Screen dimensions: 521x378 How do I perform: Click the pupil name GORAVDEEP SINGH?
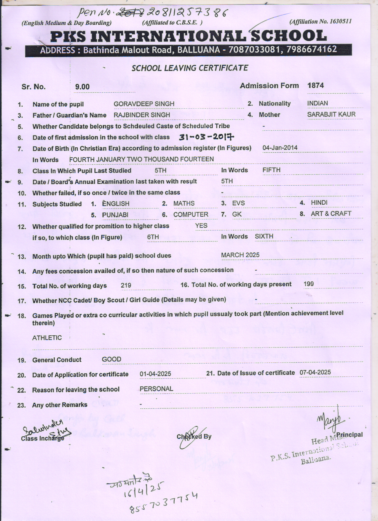click(144, 104)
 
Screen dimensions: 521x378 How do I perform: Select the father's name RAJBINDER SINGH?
click(142, 115)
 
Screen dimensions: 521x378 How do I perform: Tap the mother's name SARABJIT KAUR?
click(331, 114)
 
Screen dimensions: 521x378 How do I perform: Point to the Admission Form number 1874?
click(315, 86)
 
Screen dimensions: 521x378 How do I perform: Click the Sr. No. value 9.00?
click(82, 87)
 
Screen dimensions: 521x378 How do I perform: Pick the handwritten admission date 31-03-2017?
click(206, 137)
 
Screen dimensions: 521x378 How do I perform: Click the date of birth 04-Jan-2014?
click(280, 148)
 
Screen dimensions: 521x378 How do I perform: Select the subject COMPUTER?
click(191, 214)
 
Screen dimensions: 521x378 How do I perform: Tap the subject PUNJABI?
click(115, 215)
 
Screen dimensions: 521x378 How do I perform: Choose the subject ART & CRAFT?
click(331, 214)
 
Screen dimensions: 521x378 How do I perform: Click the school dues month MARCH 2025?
click(240, 255)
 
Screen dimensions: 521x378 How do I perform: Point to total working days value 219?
click(126, 285)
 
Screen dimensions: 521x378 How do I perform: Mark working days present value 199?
click(309, 284)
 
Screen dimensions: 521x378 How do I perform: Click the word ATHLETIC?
click(47, 338)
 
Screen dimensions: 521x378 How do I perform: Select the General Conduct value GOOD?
click(111, 359)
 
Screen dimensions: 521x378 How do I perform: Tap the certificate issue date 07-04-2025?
click(315, 372)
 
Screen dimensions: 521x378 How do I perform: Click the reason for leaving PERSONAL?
click(156, 389)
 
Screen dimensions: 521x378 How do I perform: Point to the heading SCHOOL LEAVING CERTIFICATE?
click(190, 68)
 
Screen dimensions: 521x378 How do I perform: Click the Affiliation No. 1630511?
click(337, 21)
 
